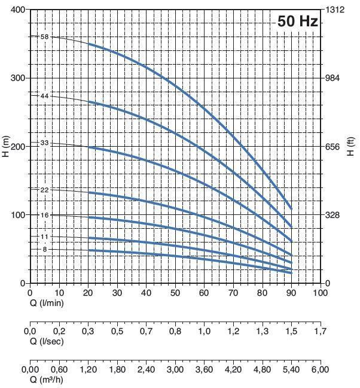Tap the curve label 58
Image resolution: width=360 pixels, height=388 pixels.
[x=44, y=37]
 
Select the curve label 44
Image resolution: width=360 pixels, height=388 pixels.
[x=44, y=96]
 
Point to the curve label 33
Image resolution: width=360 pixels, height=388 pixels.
[x=44, y=143]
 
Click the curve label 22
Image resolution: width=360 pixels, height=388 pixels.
[x=44, y=189]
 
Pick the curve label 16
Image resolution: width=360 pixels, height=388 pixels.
[x=44, y=214]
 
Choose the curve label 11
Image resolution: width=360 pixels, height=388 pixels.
[x=44, y=237]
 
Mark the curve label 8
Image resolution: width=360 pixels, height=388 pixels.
[x=44, y=249]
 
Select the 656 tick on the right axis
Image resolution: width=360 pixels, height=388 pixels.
[x=332, y=147]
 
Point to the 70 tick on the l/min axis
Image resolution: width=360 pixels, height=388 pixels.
[x=233, y=293]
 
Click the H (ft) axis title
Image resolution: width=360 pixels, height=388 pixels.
[x=351, y=146]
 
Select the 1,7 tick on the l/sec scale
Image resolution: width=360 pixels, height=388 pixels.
[x=321, y=331]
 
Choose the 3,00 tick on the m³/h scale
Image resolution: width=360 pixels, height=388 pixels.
[x=175, y=370]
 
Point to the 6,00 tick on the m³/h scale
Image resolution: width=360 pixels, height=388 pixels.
[x=321, y=370]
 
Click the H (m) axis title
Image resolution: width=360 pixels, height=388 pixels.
[x=5, y=146]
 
